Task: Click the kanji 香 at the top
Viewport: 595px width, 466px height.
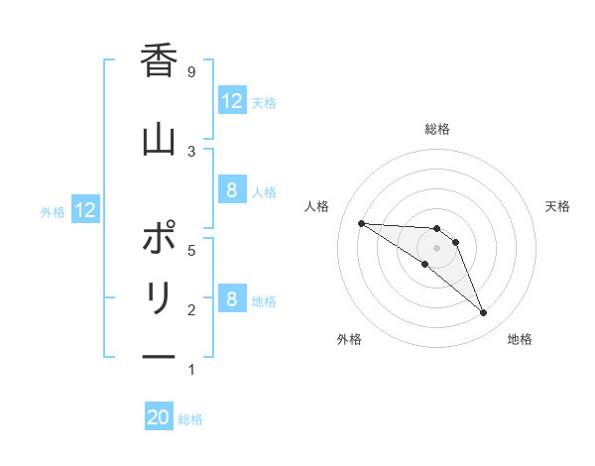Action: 159,61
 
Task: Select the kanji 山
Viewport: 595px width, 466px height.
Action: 159,139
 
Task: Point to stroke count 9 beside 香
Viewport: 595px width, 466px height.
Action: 191,71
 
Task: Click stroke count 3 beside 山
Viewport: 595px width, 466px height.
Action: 191,151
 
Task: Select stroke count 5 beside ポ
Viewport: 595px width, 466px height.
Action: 191,250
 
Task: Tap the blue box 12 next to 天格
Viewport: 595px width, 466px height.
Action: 231,101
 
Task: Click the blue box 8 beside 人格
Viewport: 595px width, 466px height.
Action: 231,191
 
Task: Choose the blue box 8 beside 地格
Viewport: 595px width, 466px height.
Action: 231,299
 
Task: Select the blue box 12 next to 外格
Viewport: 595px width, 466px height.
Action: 84,210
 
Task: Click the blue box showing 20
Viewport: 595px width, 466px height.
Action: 159,418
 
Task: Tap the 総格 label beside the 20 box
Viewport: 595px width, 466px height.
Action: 191,419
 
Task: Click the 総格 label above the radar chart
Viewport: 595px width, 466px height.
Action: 437,129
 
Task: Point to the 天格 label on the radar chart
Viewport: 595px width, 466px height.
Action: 558,206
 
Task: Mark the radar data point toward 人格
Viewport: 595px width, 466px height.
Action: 361,223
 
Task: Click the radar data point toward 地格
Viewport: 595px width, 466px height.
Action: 483,313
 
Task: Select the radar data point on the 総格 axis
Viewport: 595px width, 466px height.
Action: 437,229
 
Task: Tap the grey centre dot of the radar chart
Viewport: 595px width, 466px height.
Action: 437,248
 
